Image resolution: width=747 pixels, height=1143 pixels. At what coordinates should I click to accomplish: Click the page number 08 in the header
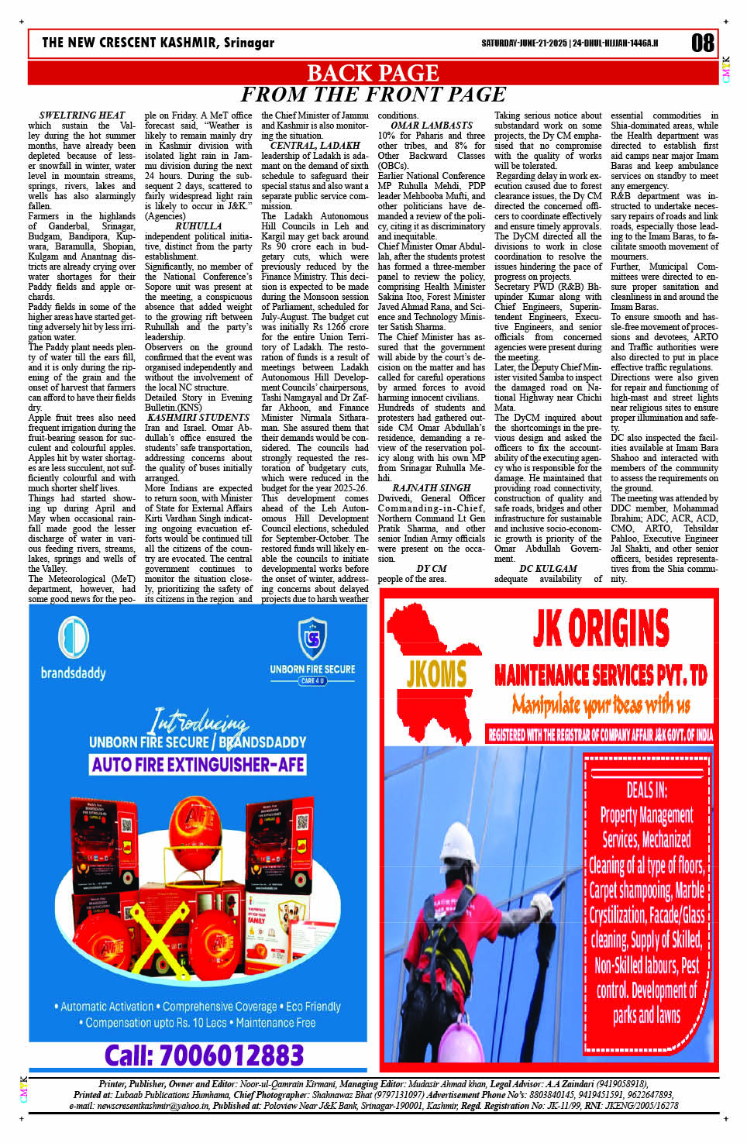pos(702,43)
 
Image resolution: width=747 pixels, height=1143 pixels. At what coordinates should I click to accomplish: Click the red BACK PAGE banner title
pos(373,73)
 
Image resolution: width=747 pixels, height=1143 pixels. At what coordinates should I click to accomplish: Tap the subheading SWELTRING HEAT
pos(82,115)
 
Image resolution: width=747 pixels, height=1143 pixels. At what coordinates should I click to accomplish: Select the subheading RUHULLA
pos(198,226)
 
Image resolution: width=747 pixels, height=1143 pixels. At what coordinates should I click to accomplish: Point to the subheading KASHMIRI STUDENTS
pos(198,418)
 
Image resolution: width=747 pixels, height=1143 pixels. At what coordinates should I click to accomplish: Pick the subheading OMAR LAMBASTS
pos(432,126)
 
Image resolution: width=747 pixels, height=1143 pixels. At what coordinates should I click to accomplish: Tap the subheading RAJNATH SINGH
pos(432,488)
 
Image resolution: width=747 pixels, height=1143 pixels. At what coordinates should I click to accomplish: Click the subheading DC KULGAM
pos(548,569)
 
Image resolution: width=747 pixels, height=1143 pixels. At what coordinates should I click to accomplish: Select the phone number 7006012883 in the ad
pos(205,1055)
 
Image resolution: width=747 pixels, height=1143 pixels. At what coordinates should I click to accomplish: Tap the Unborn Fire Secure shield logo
pos(312,638)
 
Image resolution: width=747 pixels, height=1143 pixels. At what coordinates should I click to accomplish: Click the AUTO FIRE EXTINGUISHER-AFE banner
pos(198,765)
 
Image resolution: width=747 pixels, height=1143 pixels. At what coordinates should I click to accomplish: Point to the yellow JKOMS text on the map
pos(436,674)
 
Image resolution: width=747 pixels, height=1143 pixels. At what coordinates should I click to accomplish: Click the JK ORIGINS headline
pos(601,628)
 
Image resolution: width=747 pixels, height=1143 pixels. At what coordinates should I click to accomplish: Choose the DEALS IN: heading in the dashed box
pos(646,790)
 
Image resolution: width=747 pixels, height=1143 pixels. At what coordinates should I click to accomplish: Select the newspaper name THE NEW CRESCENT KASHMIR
pos(158,43)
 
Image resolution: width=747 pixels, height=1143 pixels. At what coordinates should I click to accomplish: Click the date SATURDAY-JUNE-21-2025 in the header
pos(524,43)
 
